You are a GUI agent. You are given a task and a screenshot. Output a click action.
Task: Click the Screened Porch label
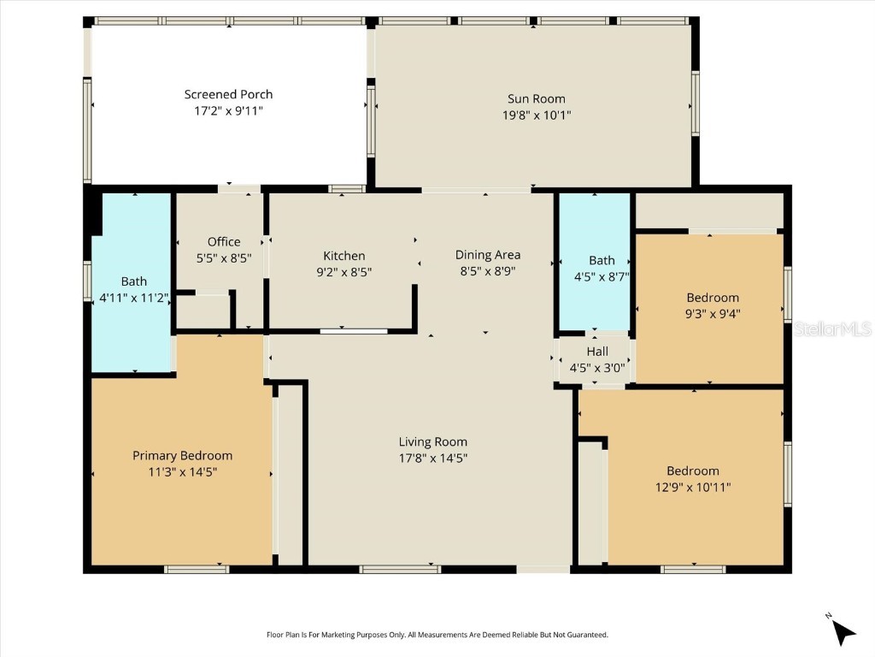coord(228,94)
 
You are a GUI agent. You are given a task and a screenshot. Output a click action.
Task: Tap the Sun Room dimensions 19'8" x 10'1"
coord(536,114)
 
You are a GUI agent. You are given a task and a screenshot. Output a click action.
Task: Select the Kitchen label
coord(344,256)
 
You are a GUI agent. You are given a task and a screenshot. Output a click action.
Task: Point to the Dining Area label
coord(487,254)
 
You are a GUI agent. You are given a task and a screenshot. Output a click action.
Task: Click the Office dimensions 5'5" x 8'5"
coord(223,257)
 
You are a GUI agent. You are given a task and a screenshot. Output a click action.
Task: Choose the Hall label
coord(597,352)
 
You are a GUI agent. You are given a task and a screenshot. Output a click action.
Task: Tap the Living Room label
coord(432,441)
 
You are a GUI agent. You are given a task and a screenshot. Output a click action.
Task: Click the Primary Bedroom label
coord(182,455)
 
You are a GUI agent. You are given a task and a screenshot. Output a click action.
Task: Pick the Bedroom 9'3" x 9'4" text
coord(713,305)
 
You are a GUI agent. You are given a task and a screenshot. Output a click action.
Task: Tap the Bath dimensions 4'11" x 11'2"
coord(133,297)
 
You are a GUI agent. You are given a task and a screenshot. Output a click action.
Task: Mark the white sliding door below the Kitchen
coord(354,330)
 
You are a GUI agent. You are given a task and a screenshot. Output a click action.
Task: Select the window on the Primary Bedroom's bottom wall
coord(196,569)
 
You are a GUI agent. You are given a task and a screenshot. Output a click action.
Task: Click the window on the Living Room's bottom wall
coord(400,569)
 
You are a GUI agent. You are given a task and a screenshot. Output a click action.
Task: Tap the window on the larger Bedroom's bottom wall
coord(693,569)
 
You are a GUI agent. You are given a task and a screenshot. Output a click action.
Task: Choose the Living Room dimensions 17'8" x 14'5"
coord(432,458)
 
